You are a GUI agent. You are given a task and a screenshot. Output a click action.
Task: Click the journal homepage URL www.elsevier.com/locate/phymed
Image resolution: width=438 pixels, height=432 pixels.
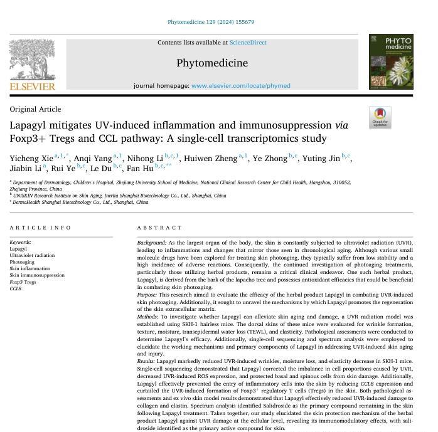pyautogui.click(x=240, y=86)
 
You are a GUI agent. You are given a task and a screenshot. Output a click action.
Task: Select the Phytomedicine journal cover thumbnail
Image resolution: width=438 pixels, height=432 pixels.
pyautogui.click(x=390, y=61)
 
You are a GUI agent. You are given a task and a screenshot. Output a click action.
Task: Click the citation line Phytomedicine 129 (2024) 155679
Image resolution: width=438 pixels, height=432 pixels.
pyautogui.click(x=210, y=22)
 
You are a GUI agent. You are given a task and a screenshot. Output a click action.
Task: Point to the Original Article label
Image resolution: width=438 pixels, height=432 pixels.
pyautogui.click(x=35, y=109)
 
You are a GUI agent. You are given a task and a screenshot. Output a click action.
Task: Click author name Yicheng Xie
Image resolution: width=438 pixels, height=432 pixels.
pyautogui.click(x=31, y=159)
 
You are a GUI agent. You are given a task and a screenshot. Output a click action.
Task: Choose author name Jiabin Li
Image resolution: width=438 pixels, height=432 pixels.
pyautogui.click(x=25, y=169)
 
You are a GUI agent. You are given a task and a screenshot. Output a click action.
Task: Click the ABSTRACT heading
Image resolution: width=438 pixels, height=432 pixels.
pyautogui.click(x=159, y=228)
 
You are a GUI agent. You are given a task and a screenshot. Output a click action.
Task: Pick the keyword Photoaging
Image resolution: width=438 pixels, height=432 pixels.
pyautogui.click(x=22, y=262)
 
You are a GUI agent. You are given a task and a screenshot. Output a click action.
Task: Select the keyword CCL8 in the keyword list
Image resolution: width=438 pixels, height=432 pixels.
pyautogui.click(x=16, y=288)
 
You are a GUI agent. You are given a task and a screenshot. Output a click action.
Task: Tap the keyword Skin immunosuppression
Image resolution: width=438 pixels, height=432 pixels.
pyautogui.click(x=37, y=275)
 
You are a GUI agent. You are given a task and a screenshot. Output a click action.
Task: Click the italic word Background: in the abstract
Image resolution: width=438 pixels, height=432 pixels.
pyautogui.click(x=152, y=243)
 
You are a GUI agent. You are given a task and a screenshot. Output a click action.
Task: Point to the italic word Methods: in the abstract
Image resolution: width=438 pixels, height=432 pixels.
pyautogui.click(x=148, y=317)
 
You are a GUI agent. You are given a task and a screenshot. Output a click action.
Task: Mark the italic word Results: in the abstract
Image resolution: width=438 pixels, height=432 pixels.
pyautogui.click(x=146, y=361)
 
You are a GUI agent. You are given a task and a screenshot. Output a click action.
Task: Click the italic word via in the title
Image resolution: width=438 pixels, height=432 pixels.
pyautogui.click(x=341, y=125)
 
